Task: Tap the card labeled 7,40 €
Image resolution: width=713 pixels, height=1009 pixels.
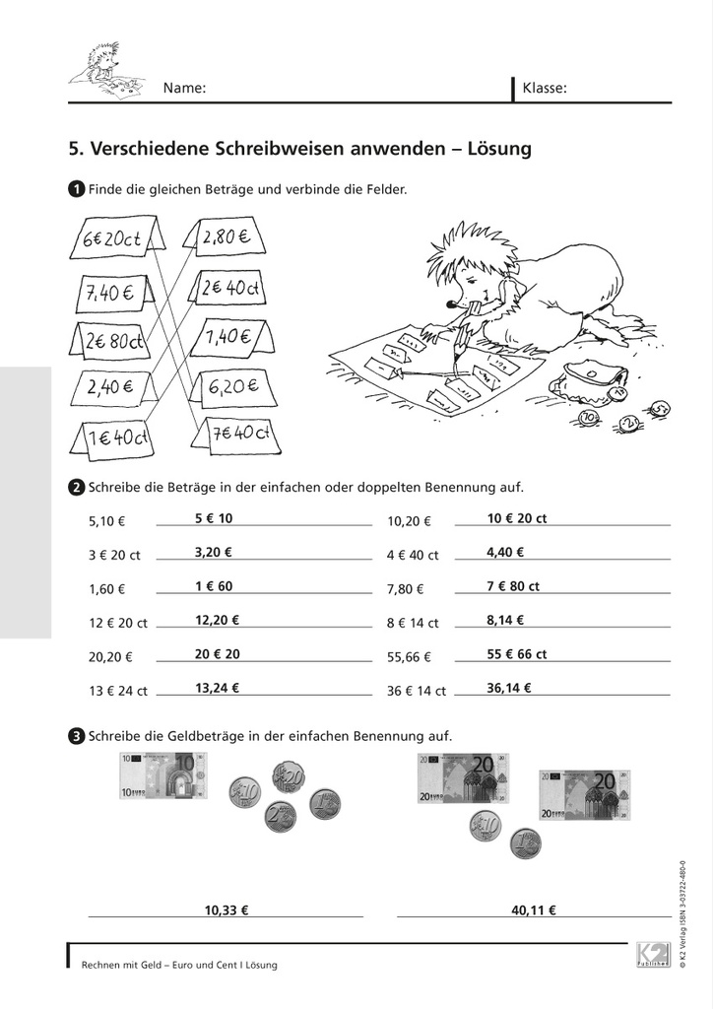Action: [110, 293]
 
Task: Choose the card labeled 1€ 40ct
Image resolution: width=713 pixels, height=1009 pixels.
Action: [116, 436]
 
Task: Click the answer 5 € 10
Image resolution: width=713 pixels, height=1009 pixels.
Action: [214, 518]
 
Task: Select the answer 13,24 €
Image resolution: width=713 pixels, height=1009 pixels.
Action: [217, 688]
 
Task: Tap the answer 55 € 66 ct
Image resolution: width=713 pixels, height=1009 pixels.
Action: [517, 653]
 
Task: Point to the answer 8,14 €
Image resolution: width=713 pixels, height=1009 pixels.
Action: [505, 620]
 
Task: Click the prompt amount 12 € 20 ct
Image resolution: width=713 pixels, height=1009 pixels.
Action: [117, 623]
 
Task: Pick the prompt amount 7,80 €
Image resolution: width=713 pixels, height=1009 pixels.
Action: [406, 589]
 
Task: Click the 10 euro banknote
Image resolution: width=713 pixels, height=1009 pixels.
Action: [163, 775]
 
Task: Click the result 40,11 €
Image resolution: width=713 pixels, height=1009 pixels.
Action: [534, 910]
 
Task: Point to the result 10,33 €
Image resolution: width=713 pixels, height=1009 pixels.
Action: [227, 910]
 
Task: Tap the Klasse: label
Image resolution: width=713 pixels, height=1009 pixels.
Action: [545, 88]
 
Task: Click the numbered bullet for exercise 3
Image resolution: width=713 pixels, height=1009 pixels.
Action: [76, 735]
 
